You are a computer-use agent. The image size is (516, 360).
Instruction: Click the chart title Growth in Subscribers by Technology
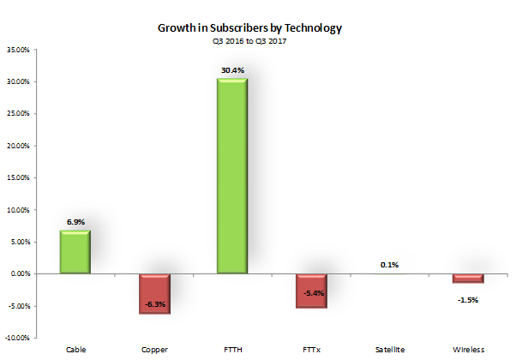pos(249,28)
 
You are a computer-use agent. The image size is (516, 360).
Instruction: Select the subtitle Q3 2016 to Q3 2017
pos(249,40)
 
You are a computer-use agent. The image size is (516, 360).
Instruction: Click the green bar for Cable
pos(75,252)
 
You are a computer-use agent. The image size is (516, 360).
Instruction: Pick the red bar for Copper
pos(155,294)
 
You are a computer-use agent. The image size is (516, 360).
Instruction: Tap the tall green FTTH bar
pos(233,177)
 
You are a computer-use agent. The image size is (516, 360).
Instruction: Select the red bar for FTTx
pos(311,291)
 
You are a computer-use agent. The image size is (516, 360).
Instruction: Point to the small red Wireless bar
pos(468,278)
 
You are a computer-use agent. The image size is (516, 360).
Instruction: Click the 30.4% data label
pos(233,70)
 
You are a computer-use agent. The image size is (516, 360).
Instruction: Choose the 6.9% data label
pos(75,221)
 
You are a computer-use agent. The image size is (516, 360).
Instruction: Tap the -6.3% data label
pos(155,303)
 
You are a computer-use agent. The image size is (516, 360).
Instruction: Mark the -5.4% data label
pos(311,295)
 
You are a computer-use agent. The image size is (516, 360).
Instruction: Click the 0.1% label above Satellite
pos(390,264)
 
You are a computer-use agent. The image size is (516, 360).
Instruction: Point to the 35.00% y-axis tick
pos(18,50)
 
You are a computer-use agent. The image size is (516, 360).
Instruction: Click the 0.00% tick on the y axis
pos(20,274)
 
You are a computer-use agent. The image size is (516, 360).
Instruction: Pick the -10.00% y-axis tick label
pos(18,338)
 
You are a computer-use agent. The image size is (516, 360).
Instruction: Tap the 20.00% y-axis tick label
pos(18,146)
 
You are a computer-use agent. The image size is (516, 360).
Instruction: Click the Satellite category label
pos(390,350)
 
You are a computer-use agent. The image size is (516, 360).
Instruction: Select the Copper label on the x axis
pos(155,350)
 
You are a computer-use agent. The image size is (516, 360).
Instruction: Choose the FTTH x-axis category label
pos(233,350)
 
